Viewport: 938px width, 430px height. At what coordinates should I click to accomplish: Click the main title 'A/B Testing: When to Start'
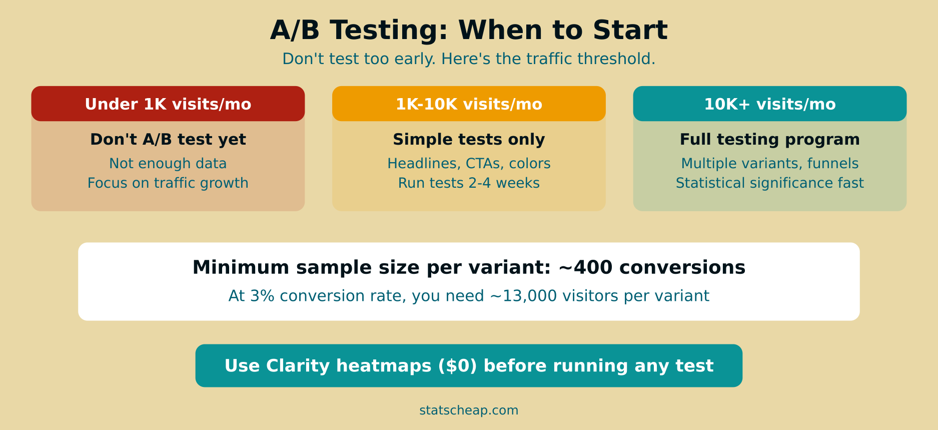[x=469, y=30]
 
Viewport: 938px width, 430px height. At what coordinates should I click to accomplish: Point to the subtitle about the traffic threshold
[x=469, y=59]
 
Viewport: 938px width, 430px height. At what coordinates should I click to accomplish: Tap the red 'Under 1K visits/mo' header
[x=168, y=104]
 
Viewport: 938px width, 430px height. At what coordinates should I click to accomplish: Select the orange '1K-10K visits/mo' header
[x=469, y=104]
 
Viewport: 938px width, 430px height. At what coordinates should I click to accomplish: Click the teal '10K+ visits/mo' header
[x=769, y=104]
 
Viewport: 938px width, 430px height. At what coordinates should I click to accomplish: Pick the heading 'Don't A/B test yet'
[x=168, y=139]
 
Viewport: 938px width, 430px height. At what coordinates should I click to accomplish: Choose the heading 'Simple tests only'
[x=469, y=139]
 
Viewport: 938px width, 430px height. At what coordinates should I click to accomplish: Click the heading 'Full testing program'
[x=769, y=139]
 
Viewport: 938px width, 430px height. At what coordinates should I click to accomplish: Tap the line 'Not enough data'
[x=168, y=164]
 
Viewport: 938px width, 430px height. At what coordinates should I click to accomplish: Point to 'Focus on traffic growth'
[x=168, y=183]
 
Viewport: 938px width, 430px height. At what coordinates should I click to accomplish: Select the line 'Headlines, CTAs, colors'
[x=469, y=164]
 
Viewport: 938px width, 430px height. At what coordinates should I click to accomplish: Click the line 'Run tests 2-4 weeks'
[x=469, y=183]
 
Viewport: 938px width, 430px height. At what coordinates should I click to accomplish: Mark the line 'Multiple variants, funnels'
[x=769, y=164]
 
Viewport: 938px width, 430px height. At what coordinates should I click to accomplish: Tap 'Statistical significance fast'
[x=769, y=183]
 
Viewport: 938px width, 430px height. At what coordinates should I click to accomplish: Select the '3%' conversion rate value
[x=262, y=296]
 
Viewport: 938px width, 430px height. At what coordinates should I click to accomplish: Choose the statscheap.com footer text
[x=469, y=410]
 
